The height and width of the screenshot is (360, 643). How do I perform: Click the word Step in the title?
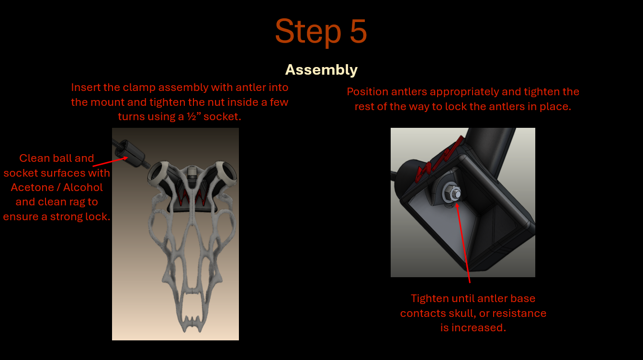pyautogui.click(x=308, y=32)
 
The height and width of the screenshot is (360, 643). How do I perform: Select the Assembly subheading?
pyautogui.click(x=321, y=70)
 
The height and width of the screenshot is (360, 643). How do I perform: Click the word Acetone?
pyautogui.click(x=33, y=188)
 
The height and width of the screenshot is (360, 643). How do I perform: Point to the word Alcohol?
pyautogui.click(x=83, y=188)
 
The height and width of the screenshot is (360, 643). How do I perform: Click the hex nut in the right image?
pyautogui.click(x=452, y=192)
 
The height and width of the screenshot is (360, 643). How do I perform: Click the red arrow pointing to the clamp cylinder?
pyautogui.click(x=110, y=162)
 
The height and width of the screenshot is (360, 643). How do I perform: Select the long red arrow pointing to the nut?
pyautogui.click(x=463, y=243)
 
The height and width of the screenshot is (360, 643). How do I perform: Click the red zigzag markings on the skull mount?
pyautogui.click(x=192, y=196)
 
